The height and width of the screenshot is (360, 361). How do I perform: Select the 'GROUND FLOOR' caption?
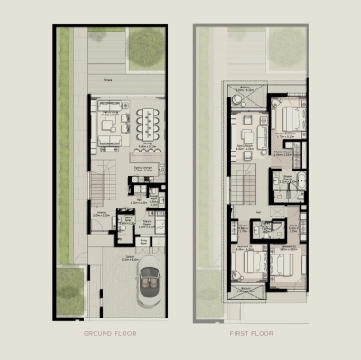[x=109, y=333]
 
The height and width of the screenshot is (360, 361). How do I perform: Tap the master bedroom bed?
[x=288, y=117]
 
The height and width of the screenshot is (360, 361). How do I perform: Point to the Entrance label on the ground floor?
[x=102, y=214]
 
